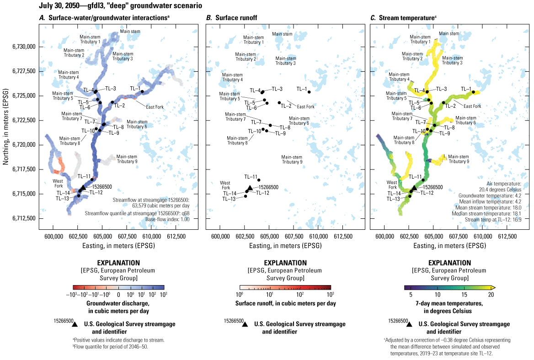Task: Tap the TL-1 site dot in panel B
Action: pos(309,92)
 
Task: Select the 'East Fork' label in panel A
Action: pos(155,106)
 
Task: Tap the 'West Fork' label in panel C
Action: pos(392,185)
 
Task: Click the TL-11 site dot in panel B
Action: pos(259,180)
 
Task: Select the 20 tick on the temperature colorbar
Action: pos(491,295)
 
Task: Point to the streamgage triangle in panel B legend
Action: pos(245,324)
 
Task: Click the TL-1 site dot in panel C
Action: pos(473,92)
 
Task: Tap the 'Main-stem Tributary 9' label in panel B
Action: pos(292,159)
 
